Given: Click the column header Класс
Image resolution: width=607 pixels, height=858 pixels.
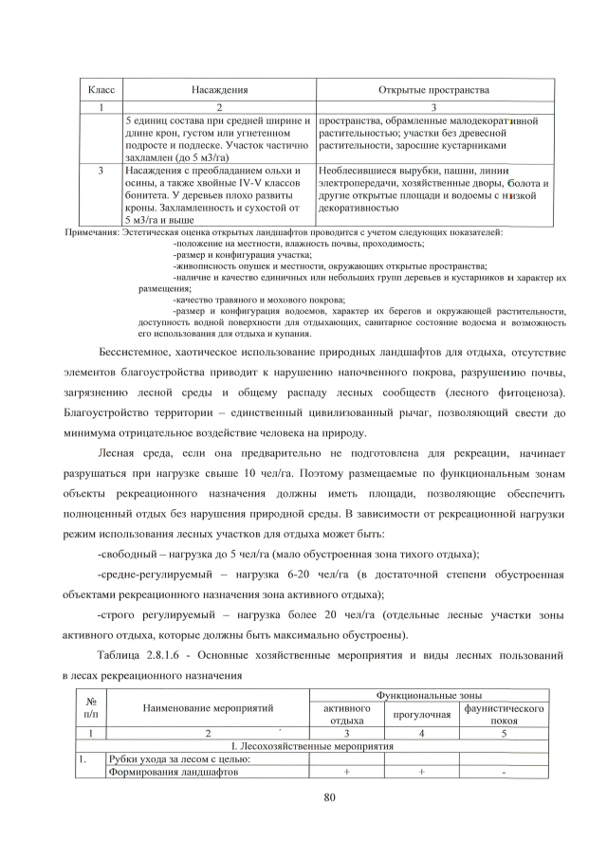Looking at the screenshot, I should (x=101, y=90).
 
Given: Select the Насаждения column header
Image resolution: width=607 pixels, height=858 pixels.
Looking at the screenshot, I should (x=219, y=90).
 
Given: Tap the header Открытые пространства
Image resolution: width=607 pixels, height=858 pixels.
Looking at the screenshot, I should (x=433, y=90).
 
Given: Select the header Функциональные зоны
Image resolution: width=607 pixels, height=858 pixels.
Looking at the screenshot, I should (x=426, y=696).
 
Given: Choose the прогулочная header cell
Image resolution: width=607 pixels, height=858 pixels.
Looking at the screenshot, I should (x=421, y=714).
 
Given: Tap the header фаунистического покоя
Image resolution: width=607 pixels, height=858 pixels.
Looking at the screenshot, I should (x=504, y=713).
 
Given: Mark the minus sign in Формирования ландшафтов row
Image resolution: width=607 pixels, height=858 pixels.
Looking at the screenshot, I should (x=504, y=772).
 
